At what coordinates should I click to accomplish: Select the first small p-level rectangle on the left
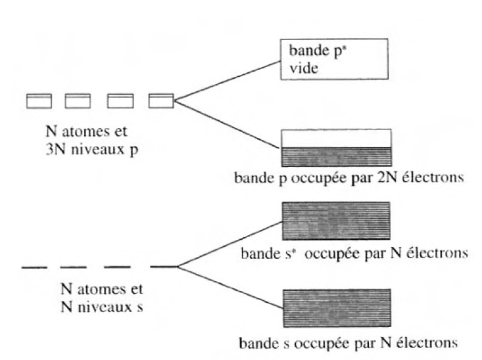pyautogui.click(x=38, y=101)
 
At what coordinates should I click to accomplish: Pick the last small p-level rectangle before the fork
pyautogui.click(x=161, y=101)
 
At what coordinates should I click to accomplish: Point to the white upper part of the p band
pyautogui.click(x=336, y=137)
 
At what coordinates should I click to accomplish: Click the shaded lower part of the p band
pyautogui.click(x=336, y=156)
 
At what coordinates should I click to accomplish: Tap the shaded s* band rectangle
pyautogui.click(x=336, y=223)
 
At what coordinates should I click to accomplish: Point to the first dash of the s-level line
pyautogui.click(x=34, y=267)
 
